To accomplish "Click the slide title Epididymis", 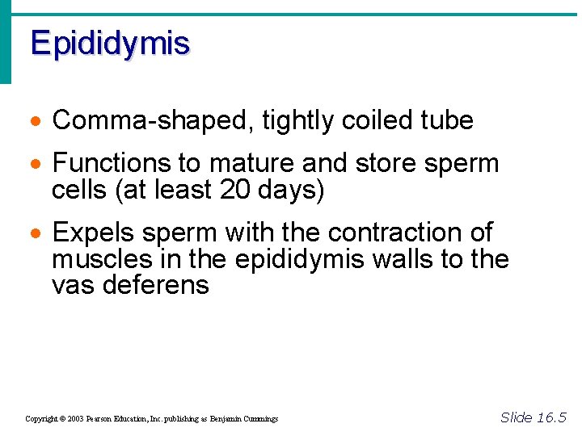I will pos(110,44).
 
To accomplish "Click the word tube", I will pos(447,121).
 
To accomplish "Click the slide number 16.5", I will pos(551,417).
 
